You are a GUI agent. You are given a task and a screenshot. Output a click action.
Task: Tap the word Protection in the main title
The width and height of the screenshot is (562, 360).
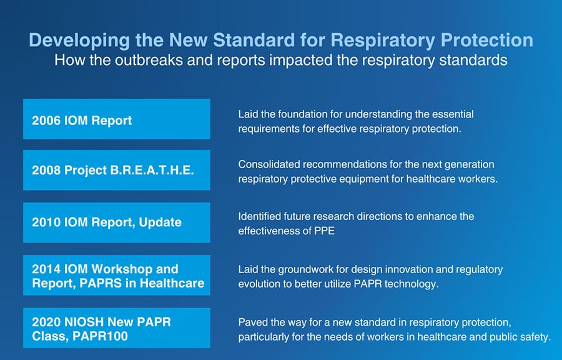(x=487, y=41)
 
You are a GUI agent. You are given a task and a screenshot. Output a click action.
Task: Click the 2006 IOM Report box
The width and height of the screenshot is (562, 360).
(x=116, y=119)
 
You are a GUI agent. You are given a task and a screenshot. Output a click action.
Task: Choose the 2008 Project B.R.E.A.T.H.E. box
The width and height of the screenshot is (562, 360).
(x=116, y=170)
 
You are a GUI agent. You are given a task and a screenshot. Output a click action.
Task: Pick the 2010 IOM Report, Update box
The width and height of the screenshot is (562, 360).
(x=116, y=222)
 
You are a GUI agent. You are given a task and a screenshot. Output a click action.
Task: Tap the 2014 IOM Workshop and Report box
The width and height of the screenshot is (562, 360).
(x=116, y=276)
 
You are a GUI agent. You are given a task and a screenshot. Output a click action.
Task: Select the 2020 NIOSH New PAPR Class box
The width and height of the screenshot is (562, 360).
(x=116, y=329)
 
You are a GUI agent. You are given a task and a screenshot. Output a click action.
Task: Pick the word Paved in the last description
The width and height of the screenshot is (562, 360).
(x=252, y=322)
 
